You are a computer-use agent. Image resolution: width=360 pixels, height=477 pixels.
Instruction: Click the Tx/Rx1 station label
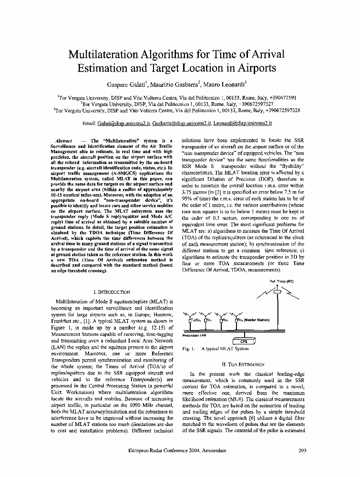click(x=195, y=320)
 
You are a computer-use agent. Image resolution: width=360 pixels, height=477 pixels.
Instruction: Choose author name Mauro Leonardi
click(x=226, y=85)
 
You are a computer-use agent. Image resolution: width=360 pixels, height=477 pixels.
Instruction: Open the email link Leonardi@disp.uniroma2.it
click(x=242, y=123)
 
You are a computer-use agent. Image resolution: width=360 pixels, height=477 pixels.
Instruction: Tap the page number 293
click(x=302, y=450)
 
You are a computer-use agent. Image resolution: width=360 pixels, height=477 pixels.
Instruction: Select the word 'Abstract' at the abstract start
click(x=64, y=141)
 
